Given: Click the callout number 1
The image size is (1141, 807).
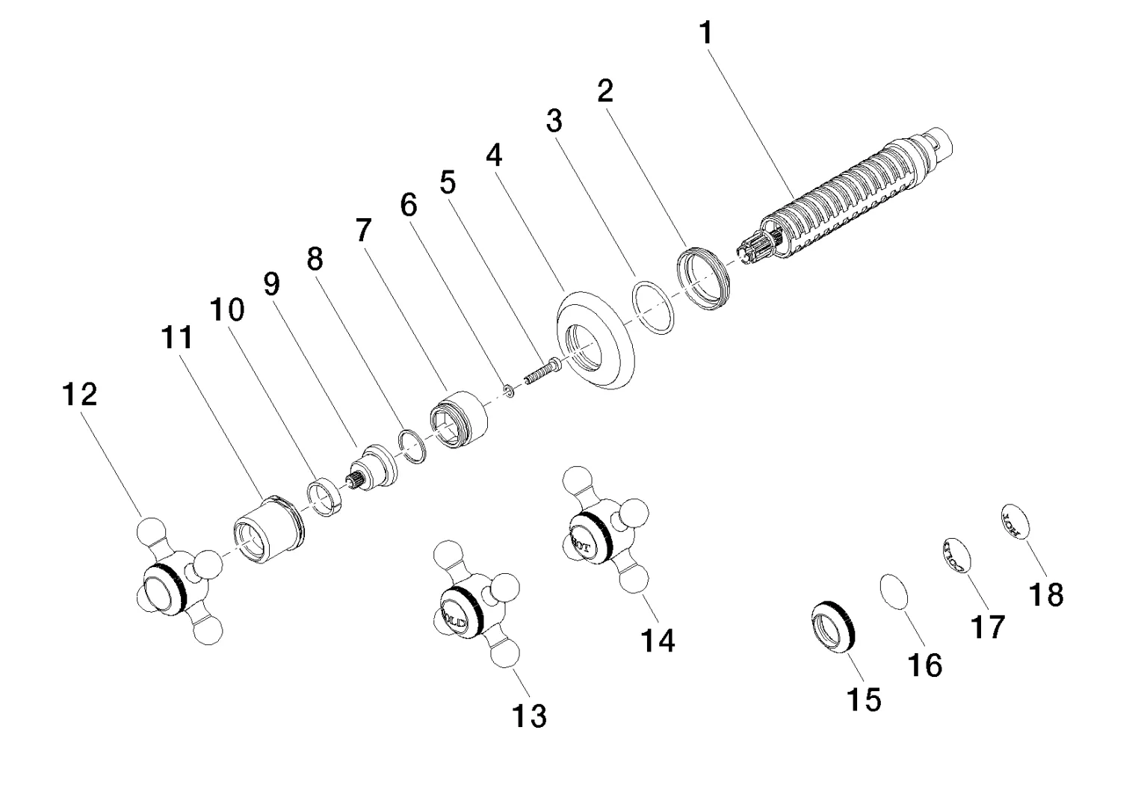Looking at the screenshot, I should pyautogui.click(x=706, y=34).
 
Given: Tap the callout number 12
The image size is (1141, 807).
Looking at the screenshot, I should pyautogui.click(x=80, y=394).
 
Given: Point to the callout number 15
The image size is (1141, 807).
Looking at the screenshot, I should pyautogui.click(x=864, y=699).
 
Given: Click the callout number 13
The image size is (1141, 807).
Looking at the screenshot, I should pyautogui.click(x=529, y=715).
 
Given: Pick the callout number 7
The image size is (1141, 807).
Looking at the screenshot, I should pyautogui.click(x=362, y=231).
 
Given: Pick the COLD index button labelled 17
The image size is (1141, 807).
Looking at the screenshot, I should pyautogui.click(x=953, y=554).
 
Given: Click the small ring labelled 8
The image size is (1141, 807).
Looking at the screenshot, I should pyautogui.click(x=411, y=447).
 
